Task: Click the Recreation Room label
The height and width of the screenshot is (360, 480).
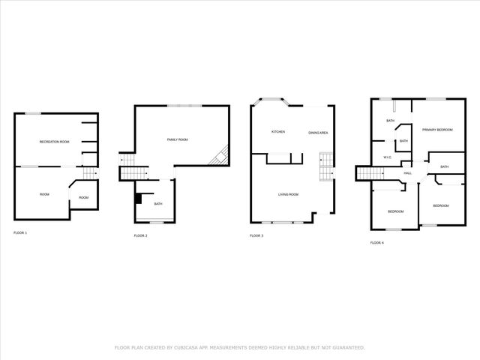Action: tap(54, 141)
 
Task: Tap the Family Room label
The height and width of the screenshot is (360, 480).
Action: tap(177, 139)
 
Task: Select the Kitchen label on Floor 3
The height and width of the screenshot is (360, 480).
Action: tap(277, 132)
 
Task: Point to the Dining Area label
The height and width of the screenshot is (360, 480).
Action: tap(318, 133)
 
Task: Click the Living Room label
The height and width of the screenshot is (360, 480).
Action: tap(288, 194)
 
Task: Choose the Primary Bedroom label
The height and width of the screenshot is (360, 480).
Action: tap(437, 130)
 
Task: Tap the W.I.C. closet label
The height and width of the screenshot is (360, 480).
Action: tap(387, 157)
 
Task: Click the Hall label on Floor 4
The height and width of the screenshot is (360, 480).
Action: tap(408, 173)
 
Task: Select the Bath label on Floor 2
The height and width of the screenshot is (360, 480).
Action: tap(158, 204)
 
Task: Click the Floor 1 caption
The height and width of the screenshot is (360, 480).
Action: tap(20, 233)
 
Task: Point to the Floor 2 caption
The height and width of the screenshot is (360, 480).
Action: tap(140, 236)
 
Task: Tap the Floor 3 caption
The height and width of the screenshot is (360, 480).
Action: tap(256, 236)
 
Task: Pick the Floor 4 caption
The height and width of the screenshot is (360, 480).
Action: tap(376, 243)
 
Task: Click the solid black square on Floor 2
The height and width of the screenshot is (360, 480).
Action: tap(139, 199)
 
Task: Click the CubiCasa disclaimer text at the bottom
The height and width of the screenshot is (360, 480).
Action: tap(239, 347)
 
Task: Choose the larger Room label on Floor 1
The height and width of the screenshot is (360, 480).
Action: tap(44, 194)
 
